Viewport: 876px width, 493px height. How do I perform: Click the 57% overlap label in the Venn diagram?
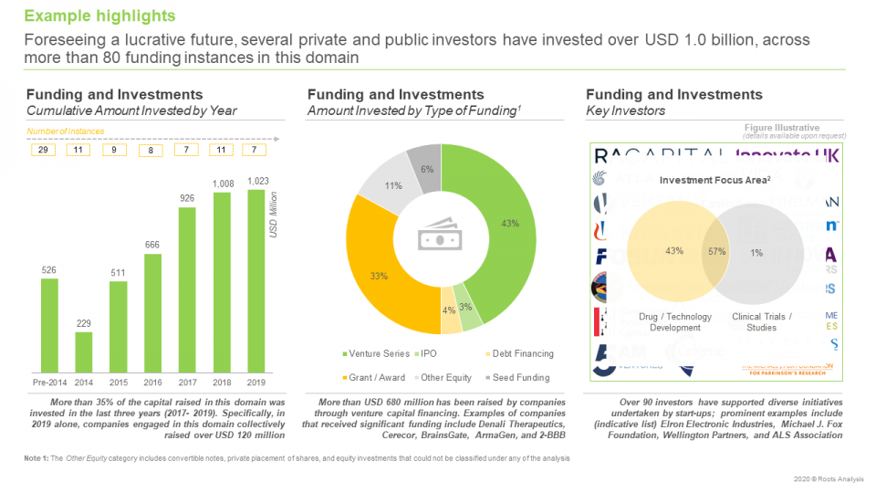pyautogui.click(x=715, y=251)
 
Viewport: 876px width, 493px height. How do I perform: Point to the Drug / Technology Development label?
pyautogui.click(x=676, y=322)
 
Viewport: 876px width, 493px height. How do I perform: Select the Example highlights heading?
pyautogui.click(x=99, y=16)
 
